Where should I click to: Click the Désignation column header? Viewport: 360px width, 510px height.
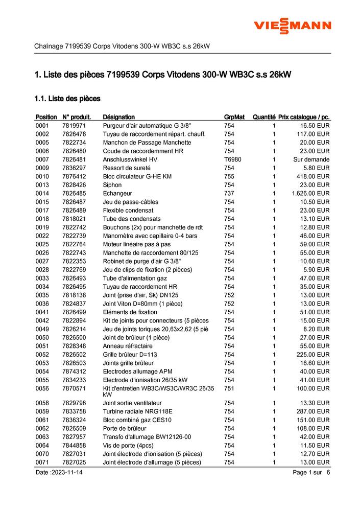119,117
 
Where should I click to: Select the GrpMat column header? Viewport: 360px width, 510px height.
235,117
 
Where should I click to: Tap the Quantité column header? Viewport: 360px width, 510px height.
264,117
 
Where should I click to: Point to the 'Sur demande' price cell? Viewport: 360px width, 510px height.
311,159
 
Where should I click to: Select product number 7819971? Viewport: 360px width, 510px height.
74,125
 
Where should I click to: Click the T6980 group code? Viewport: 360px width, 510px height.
233,159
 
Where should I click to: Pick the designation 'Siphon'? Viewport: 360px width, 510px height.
112,185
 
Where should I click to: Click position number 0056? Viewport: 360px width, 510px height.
42,388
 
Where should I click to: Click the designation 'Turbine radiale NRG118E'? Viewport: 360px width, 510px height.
138,411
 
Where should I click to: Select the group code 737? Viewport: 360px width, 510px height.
229,193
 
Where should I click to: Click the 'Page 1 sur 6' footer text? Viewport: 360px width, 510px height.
311,473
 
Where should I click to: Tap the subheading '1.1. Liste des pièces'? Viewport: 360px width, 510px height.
67,98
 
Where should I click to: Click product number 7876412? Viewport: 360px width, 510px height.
74,176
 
